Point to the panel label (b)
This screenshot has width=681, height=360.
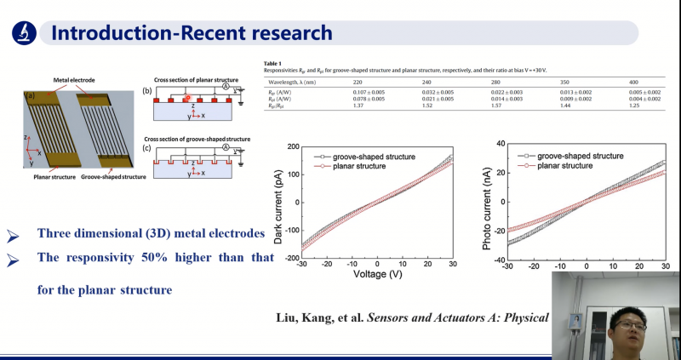[x=147, y=89]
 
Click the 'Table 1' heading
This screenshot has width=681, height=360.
[x=273, y=64]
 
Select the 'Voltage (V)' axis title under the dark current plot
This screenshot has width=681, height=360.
[x=377, y=274]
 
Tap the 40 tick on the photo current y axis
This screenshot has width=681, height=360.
[x=501, y=144]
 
